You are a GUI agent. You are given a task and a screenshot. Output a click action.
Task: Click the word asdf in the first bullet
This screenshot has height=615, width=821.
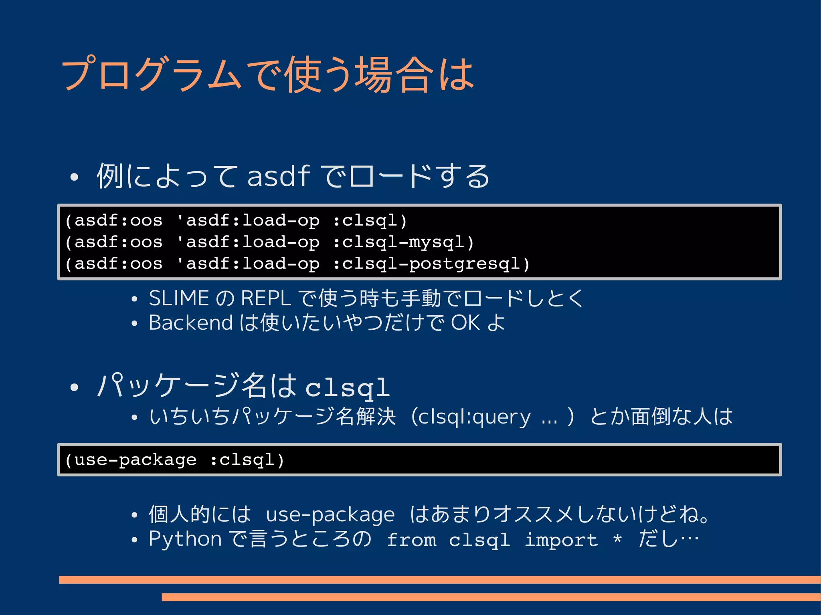click(x=279, y=176)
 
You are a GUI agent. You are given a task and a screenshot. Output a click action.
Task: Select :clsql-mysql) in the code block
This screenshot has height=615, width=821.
click(x=404, y=242)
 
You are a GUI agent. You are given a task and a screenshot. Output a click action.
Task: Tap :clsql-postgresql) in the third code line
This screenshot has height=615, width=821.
click(x=432, y=264)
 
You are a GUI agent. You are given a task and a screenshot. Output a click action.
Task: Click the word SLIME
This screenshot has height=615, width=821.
click(x=179, y=298)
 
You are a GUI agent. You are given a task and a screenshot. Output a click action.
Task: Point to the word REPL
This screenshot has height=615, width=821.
click(x=266, y=298)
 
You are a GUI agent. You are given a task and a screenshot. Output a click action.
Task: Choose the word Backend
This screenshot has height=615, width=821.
click(x=190, y=323)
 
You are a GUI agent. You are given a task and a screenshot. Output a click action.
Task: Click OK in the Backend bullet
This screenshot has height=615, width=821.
click(x=465, y=323)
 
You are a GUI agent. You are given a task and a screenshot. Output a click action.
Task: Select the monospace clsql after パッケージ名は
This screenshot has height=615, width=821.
click(x=348, y=388)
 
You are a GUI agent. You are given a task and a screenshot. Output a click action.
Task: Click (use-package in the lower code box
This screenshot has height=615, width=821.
click(x=131, y=460)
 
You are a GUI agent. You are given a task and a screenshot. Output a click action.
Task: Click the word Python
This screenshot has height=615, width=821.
click(x=185, y=539)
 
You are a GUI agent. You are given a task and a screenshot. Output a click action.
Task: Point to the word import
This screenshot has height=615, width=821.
click(x=561, y=540)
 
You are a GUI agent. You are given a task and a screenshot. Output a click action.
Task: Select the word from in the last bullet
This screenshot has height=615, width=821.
click(x=412, y=540)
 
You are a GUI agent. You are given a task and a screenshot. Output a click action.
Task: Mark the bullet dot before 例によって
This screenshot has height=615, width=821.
click(x=74, y=177)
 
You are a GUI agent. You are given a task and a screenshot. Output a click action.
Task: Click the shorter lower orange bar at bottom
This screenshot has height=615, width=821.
click(x=491, y=597)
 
